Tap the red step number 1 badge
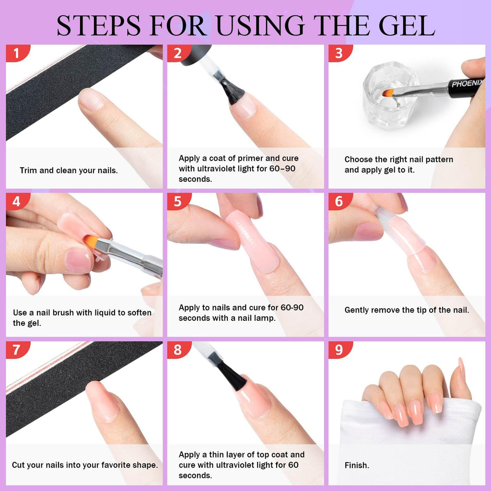[x=17, y=53]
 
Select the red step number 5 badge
[x=178, y=201]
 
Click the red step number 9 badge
[x=339, y=350]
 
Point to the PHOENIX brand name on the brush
[x=467, y=83]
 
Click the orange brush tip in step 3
[x=388, y=92]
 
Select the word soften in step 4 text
[x=137, y=313]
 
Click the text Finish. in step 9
[x=357, y=465]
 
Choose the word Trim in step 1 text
[x=28, y=170]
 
